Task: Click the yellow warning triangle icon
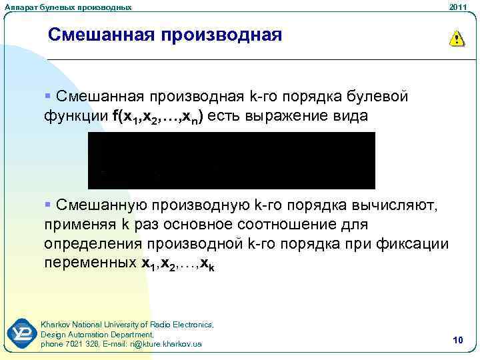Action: coord(456,38)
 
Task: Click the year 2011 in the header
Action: coord(458,7)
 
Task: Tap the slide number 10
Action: coord(457,341)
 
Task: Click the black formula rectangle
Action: coord(231,161)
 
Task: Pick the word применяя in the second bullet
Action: coord(75,224)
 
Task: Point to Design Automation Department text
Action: coord(97,334)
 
